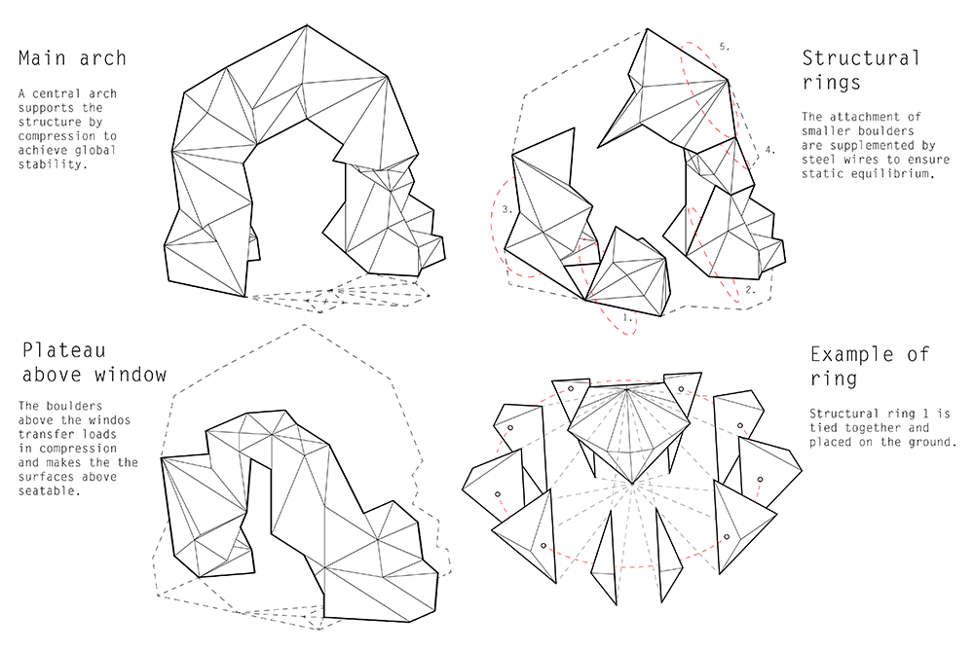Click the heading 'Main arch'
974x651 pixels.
click(72, 58)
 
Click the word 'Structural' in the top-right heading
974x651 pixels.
click(860, 57)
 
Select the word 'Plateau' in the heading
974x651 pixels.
click(64, 350)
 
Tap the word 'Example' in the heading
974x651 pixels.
click(851, 354)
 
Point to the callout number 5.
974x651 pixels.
click(725, 47)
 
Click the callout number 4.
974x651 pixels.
click(770, 150)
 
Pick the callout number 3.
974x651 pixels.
click(507, 209)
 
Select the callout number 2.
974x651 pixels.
click(750, 289)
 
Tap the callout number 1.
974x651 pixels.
click(628, 317)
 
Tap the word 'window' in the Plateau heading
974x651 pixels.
click(131, 375)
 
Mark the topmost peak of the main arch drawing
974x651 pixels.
click(307, 25)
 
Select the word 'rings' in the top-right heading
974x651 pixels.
click(831, 83)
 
